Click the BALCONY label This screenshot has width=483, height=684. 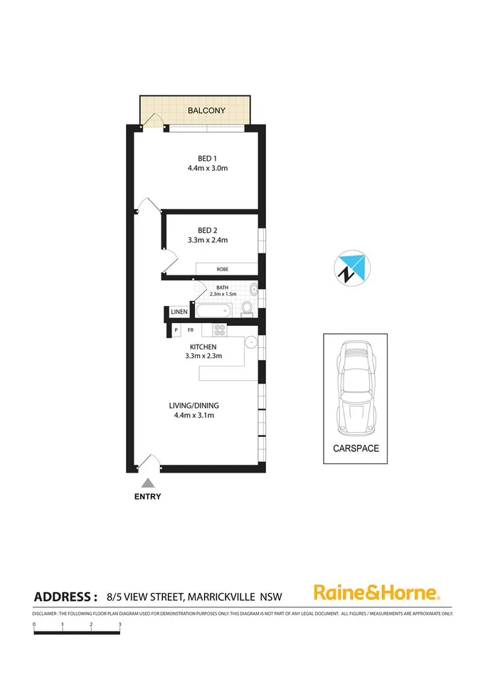pyautogui.click(x=206, y=110)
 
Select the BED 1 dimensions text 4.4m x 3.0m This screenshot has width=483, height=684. pyautogui.click(x=207, y=169)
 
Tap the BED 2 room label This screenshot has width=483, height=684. pyautogui.click(x=207, y=230)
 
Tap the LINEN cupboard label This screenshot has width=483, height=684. pyautogui.click(x=179, y=312)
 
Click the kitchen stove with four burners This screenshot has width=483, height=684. pyautogui.click(x=219, y=330)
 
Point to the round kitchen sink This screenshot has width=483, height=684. pyautogui.click(x=250, y=342)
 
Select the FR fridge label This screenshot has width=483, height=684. pyautogui.click(x=191, y=330)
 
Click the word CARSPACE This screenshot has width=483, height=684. pyautogui.click(x=356, y=449)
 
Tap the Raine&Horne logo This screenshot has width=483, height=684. pyautogui.click(x=377, y=592)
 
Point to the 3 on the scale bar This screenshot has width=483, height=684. pyautogui.click(x=120, y=624)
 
